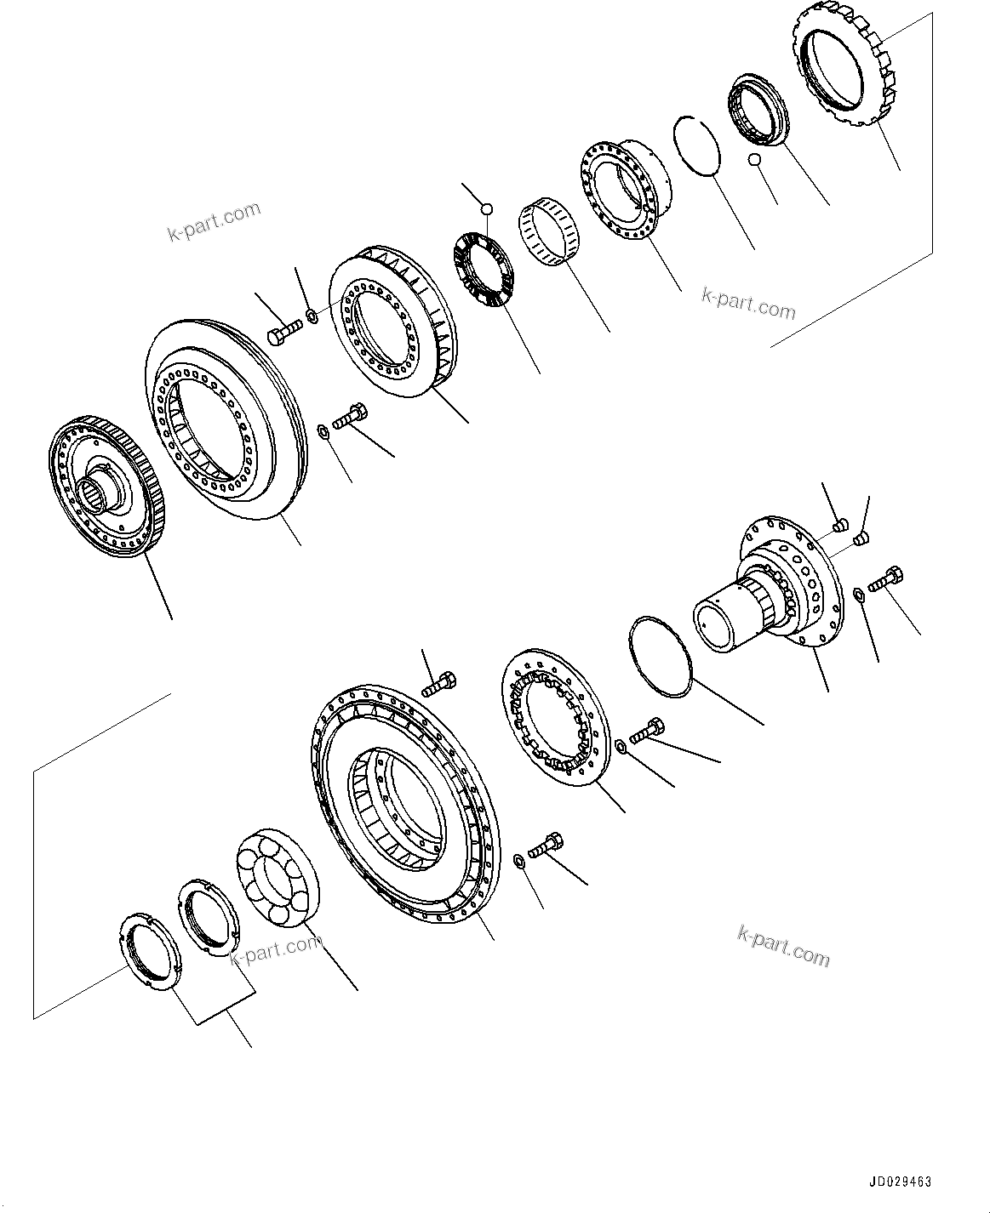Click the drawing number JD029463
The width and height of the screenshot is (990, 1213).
(900, 1182)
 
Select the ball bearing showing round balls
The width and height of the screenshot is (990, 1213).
(277, 876)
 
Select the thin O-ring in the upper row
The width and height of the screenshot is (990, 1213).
(696, 146)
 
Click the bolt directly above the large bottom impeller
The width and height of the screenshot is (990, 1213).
(438, 682)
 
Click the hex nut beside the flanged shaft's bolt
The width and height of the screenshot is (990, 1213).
(858, 593)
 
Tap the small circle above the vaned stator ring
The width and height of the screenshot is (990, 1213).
(485, 208)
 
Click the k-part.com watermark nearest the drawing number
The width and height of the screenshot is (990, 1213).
(782, 946)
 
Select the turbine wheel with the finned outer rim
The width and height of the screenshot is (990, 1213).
(392, 322)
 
